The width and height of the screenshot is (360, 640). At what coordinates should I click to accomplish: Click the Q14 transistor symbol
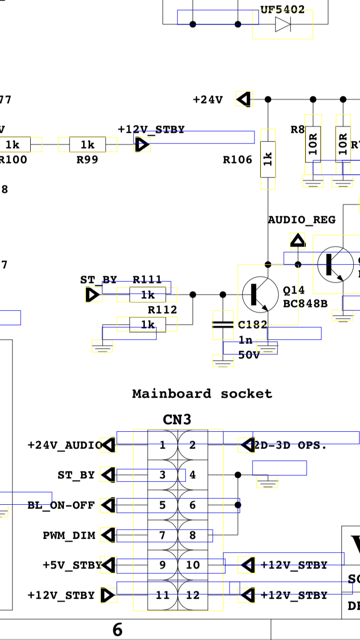pos(260,294)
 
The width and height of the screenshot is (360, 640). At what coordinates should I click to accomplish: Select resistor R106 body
pos(268,159)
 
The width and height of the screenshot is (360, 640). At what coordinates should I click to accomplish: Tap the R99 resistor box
pos(87,144)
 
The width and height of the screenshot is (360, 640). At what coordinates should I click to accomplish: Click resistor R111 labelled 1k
pos(148,295)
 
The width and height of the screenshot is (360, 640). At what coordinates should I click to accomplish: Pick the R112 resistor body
pos(148,325)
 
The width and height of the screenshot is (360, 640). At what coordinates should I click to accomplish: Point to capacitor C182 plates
pos(223,325)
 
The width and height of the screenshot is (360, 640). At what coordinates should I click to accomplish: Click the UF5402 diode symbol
pos(283,24)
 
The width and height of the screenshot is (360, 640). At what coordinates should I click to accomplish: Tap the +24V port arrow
pos(244,99)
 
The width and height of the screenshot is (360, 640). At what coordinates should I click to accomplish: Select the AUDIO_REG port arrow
pos(298,240)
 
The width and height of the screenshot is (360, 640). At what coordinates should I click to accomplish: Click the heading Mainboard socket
pos(202,394)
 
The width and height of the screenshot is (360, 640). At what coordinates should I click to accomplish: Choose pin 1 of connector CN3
pos(162,445)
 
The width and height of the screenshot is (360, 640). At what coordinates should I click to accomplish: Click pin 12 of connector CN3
pos(192,595)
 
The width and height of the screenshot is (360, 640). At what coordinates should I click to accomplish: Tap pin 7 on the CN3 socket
pos(162,535)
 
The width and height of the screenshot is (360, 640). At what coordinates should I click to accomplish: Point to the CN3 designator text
pos(177,420)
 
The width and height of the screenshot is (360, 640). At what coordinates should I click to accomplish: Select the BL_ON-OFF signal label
pos(61,505)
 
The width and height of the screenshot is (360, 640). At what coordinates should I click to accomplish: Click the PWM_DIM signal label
pos(69,535)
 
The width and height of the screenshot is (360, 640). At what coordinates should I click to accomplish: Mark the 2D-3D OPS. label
pos(291,445)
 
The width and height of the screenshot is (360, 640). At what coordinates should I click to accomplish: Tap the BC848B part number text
pos(299,304)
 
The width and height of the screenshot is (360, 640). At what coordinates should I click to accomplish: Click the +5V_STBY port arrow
pos(108,565)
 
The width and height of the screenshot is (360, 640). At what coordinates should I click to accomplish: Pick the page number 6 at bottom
pos(118,630)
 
